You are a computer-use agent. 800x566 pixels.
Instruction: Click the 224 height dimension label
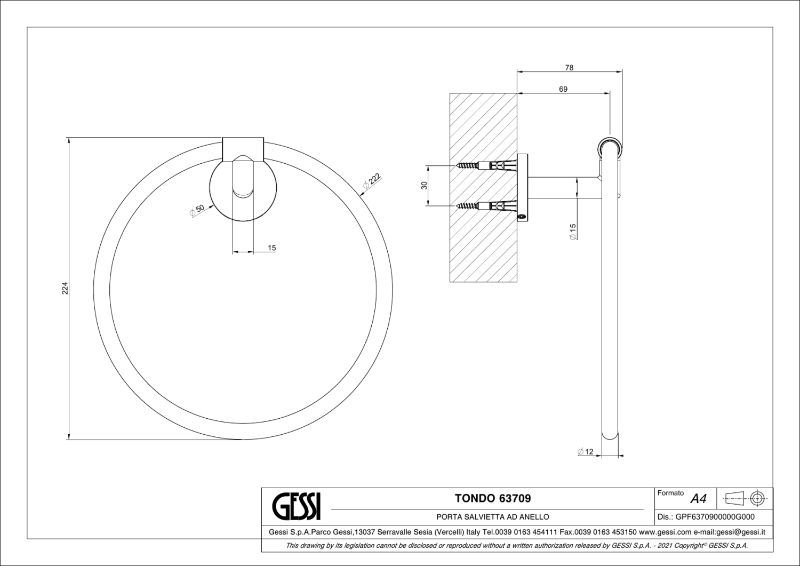point(65,289)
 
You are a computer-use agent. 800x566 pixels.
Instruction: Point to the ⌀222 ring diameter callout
point(372,181)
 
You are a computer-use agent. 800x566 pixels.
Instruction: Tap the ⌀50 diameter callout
point(197,210)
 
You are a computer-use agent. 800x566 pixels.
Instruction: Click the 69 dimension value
point(563,89)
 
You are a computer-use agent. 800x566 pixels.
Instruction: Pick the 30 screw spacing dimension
point(425,186)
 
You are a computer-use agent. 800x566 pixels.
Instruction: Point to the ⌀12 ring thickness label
point(586,452)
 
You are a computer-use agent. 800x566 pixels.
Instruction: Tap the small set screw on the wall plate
point(522,216)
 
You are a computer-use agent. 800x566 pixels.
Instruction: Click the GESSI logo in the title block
point(297,506)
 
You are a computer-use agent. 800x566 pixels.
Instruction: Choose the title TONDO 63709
point(493,498)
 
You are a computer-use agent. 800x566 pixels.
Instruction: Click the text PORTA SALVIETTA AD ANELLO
point(493,517)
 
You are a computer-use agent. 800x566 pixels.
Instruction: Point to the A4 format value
point(698,499)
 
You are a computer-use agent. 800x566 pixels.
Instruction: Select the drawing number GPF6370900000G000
point(714,517)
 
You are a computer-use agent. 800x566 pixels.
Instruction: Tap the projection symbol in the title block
point(745,498)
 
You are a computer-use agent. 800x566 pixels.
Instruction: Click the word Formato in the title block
point(671,493)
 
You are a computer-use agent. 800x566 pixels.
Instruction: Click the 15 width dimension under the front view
point(272,248)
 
